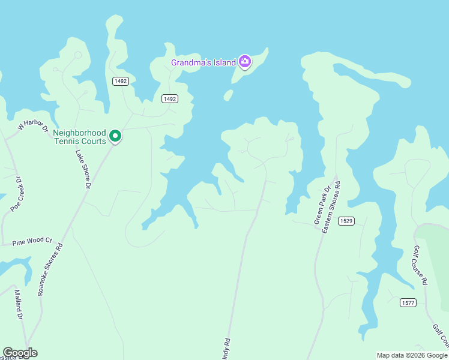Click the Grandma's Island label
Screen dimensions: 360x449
click(x=203, y=62)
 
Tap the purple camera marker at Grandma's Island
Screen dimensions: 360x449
click(x=244, y=61)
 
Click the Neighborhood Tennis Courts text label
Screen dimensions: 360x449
click(x=79, y=137)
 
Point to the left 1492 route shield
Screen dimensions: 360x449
click(x=120, y=81)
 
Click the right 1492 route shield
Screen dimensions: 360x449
click(x=170, y=98)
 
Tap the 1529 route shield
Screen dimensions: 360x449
click(x=346, y=221)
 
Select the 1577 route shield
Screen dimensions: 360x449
click(x=408, y=302)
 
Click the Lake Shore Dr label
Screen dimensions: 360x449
click(x=82, y=170)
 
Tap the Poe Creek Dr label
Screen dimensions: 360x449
click(x=16, y=193)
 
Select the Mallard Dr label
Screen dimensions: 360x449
click(x=18, y=305)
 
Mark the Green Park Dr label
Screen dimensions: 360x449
click(x=322, y=206)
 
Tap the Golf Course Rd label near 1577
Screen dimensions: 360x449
click(x=420, y=265)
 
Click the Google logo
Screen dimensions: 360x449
click(x=20, y=353)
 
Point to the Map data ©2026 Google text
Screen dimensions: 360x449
click(x=412, y=355)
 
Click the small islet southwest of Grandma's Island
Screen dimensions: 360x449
click(x=228, y=95)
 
